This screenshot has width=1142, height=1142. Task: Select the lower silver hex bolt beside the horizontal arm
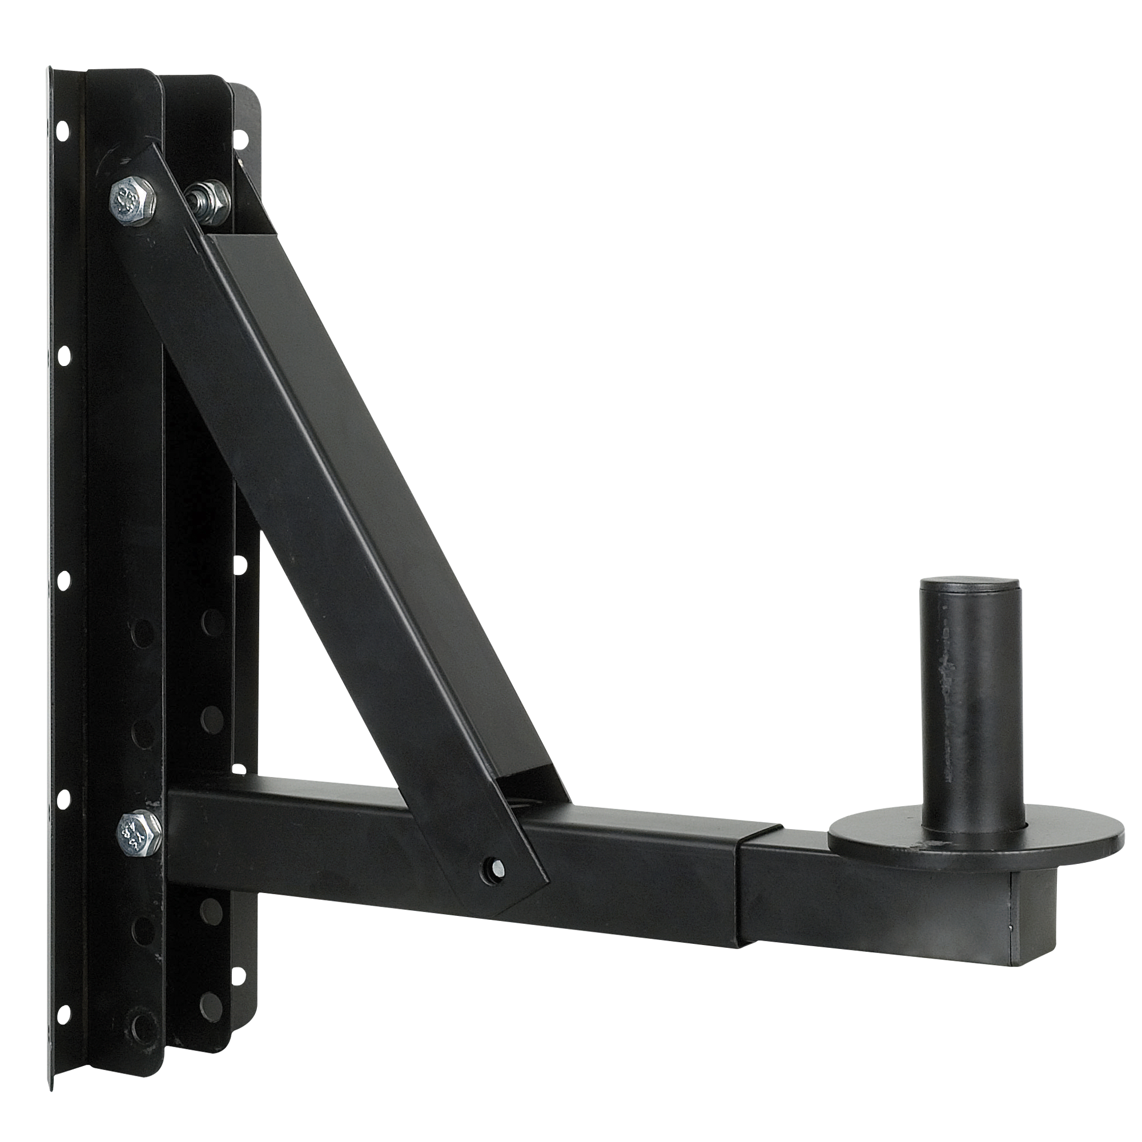[139, 830]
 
